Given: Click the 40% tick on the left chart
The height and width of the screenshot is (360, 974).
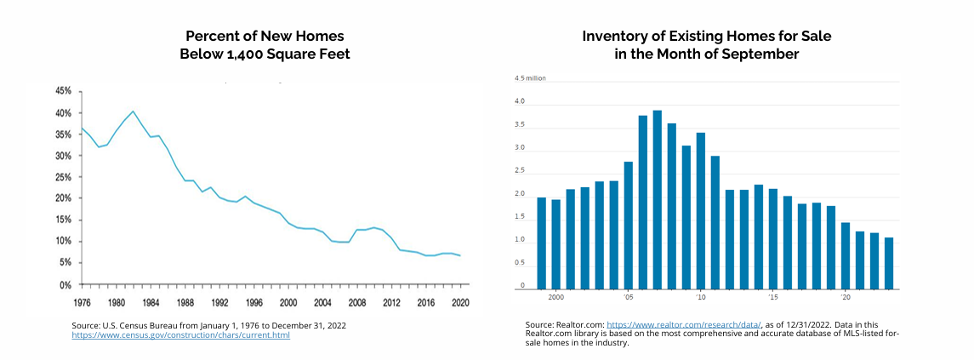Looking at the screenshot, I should coord(63,112).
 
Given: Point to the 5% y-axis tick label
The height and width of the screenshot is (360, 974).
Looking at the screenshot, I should coord(65,263).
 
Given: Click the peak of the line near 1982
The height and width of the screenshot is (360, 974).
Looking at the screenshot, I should coord(133,111).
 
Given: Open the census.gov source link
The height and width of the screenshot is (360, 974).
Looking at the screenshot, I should coord(181,335).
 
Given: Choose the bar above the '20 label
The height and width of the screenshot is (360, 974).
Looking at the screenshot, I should coord(846,255).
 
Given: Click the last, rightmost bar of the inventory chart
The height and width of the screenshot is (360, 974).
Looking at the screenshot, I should coord(889,263).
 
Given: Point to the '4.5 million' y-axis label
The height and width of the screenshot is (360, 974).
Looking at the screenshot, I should coord(529,78).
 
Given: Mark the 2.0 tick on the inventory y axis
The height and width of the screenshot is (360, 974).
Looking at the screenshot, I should coord(520,195).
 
